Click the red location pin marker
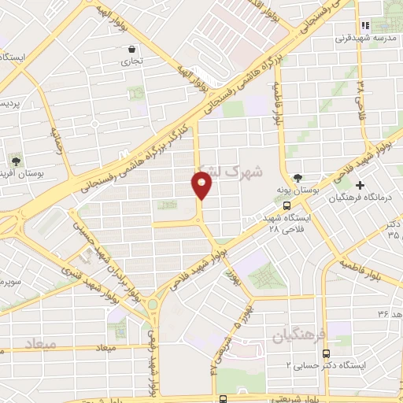pyautogui.click(x=202, y=185)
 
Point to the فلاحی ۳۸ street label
pyautogui.click(x=363, y=96)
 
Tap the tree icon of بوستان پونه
pyautogui.click(x=298, y=178)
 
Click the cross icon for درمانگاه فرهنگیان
pyautogui.click(x=360, y=186)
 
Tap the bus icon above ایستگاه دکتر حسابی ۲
pyautogui.click(x=320, y=353)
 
